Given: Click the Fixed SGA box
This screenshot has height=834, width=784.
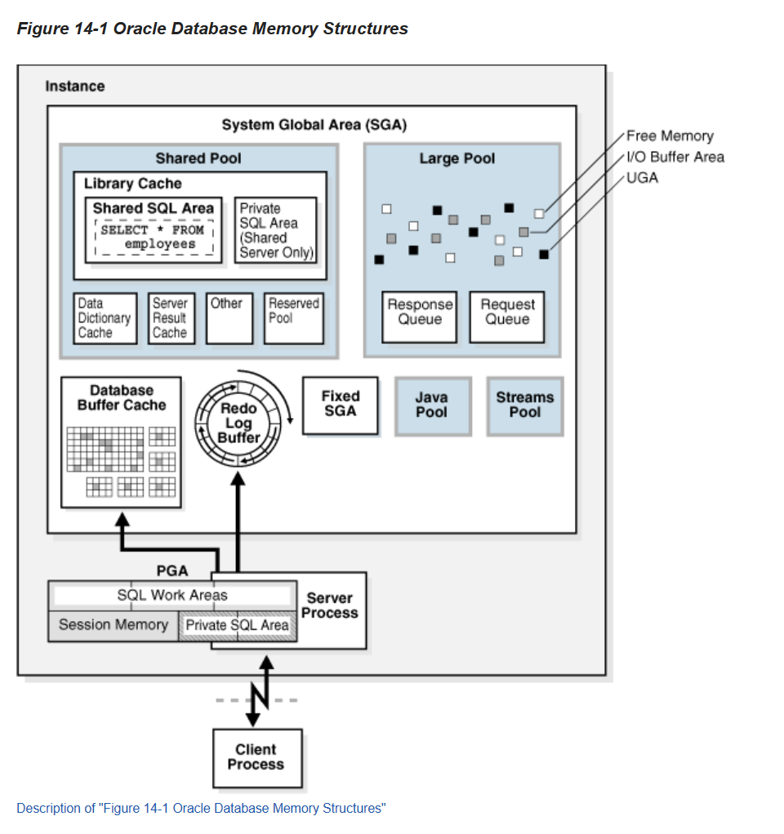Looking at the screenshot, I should point(341,405).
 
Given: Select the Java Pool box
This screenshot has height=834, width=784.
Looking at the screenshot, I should point(432,406).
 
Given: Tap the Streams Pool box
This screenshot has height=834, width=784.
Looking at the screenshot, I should point(525,406).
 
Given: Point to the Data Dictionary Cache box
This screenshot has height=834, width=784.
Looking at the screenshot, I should point(105,318).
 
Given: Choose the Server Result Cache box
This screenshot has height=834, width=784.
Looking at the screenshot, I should point(171,318).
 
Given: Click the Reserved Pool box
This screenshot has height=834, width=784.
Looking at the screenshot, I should point(294,318).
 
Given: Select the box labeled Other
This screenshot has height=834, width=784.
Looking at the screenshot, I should point(229,318).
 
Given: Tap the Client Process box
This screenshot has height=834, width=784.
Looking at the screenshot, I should point(256,757).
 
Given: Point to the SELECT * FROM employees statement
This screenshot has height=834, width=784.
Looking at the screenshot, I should point(154,237).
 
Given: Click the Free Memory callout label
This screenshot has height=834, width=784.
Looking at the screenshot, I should point(670,136).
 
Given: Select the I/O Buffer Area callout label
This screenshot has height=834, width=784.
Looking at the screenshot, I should point(675,157).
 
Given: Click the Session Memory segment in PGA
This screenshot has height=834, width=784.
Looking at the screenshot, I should point(114,625).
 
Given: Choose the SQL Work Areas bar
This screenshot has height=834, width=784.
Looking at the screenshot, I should point(172,595).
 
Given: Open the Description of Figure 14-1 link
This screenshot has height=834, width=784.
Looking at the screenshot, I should point(201,808).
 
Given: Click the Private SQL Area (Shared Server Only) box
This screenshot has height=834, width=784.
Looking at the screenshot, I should point(276,230).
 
